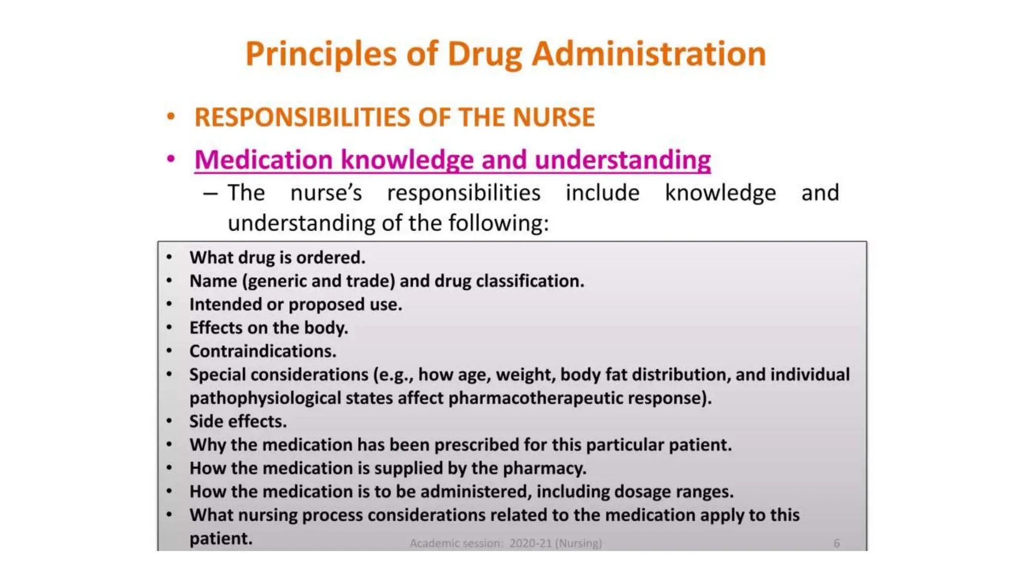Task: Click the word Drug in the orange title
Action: coord(485,54)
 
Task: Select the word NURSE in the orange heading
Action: coord(553,118)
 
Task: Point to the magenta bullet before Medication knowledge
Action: coord(171,159)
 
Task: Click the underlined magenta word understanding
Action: coord(623,160)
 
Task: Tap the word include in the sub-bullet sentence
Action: coord(602,193)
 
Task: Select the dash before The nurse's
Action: coord(211,193)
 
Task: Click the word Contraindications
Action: coord(263,351)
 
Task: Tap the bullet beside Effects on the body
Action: coord(169,327)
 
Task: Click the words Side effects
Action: coord(238,421)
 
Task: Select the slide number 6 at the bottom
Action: coord(836,543)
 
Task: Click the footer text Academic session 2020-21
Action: coord(506,543)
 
